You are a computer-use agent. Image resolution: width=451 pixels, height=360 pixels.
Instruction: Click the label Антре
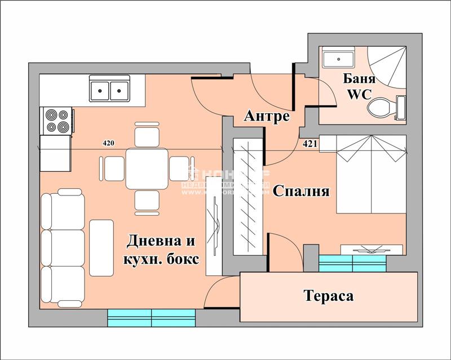(267, 117)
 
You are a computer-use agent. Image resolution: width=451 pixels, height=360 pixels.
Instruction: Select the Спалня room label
(300, 191)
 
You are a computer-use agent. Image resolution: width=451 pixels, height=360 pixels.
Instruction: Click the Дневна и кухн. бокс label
(162, 250)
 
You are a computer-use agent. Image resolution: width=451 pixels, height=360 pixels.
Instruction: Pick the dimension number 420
(108, 143)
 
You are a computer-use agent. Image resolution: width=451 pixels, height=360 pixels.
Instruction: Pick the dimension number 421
(310, 143)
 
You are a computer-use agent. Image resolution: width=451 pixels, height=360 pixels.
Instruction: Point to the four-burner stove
(58, 120)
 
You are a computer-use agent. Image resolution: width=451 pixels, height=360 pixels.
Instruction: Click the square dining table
(146, 168)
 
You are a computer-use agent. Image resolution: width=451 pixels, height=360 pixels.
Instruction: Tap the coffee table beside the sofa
(102, 247)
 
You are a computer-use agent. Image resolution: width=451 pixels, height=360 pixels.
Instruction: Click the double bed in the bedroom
(371, 175)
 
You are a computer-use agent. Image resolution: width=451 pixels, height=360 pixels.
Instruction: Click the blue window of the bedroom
(353, 263)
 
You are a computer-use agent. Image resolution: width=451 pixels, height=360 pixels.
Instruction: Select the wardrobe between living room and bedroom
(247, 195)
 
